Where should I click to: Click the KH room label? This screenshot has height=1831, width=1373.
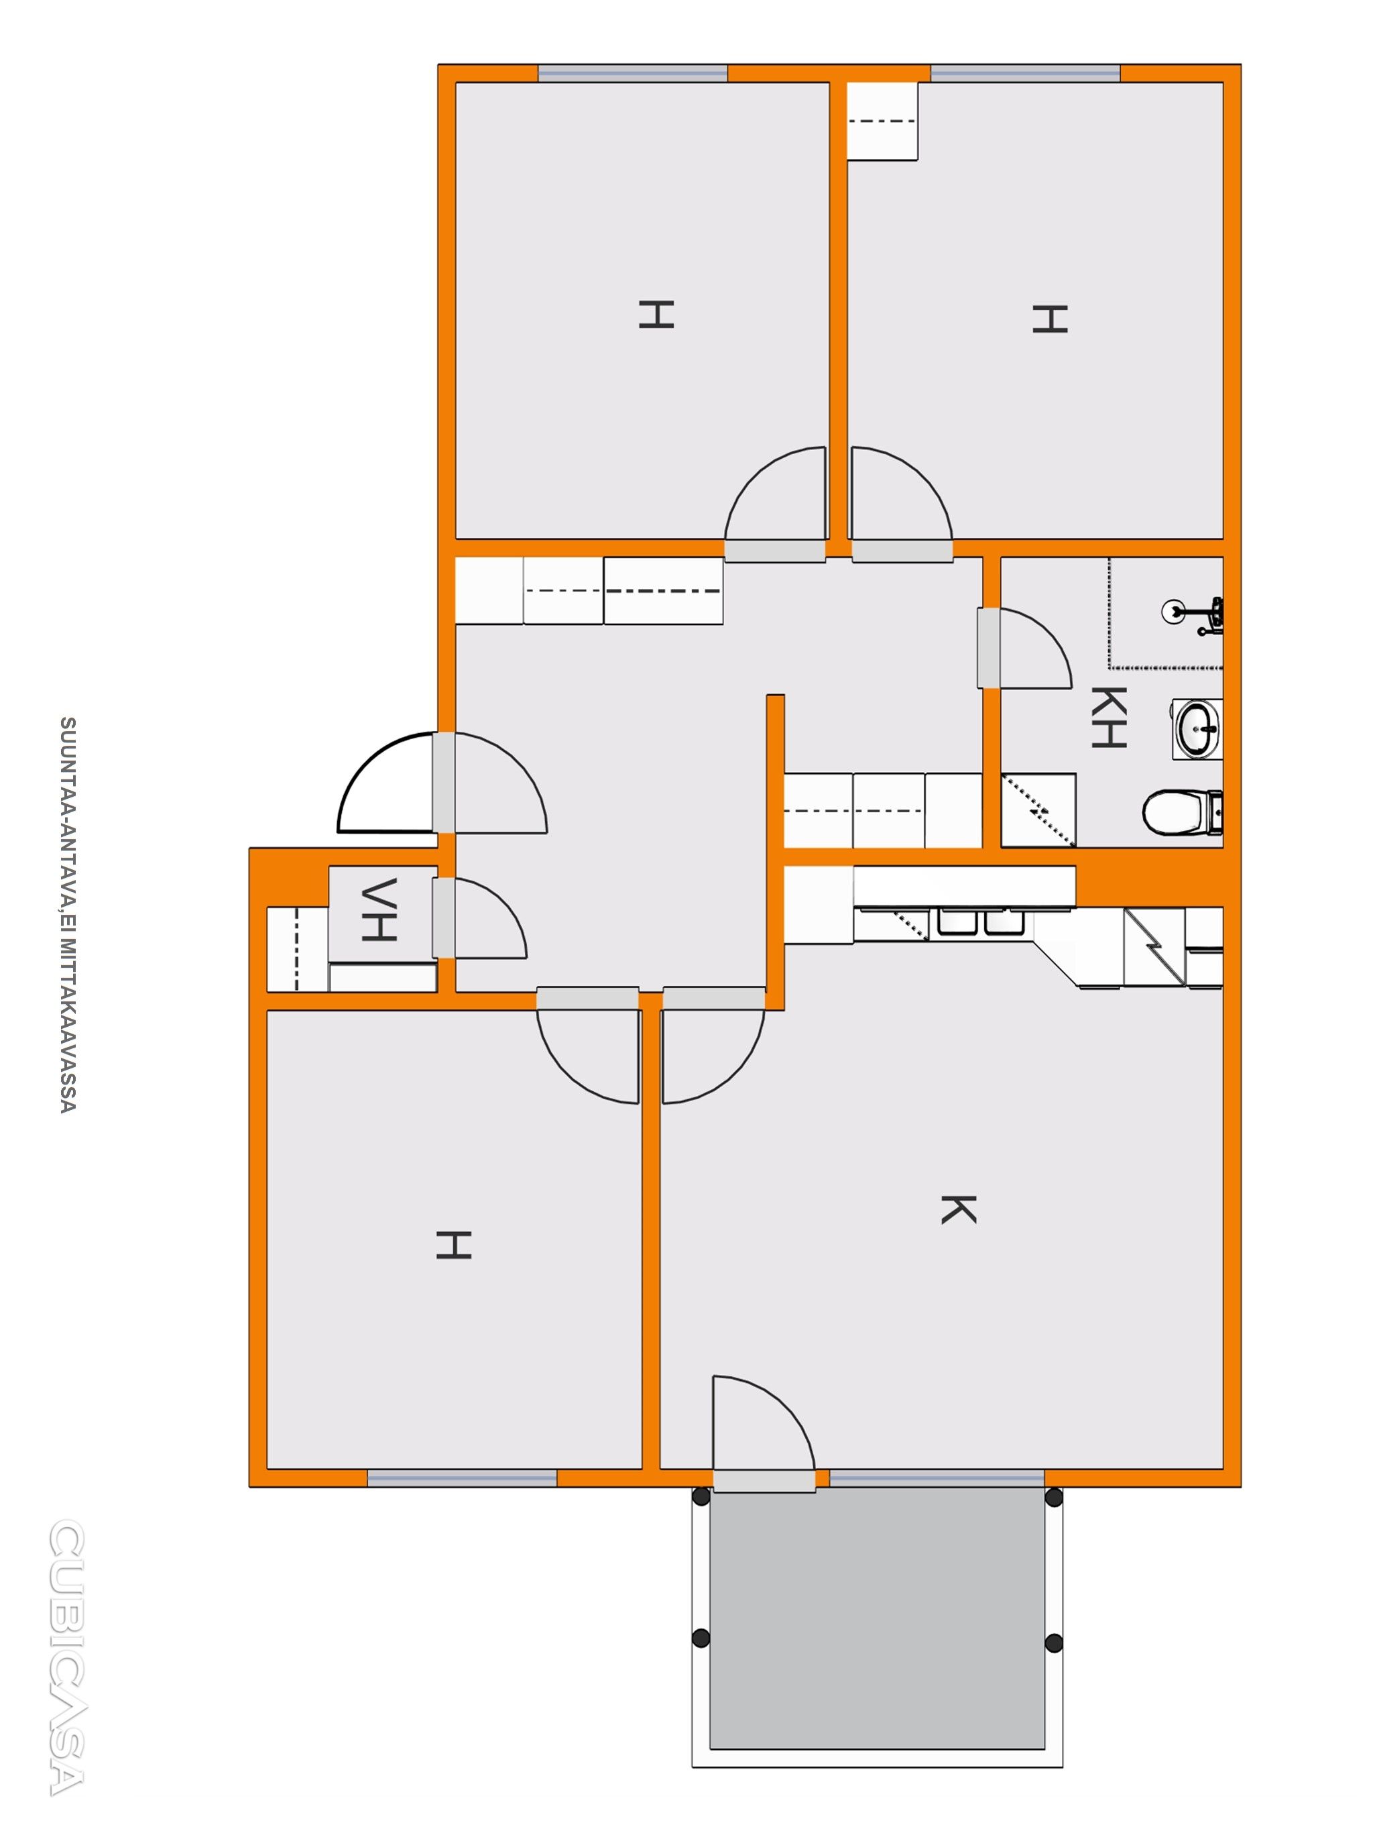click(x=1109, y=717)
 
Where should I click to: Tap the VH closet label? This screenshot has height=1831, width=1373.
click(x=380, y=909)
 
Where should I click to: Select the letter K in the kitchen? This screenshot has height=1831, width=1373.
click(x=959, y=1209)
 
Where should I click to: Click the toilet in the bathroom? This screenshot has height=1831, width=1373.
click(x=1183, y=812)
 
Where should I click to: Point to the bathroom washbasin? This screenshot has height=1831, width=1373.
click(x=1197, y=728)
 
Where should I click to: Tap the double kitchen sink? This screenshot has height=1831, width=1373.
click(x=981, y=923)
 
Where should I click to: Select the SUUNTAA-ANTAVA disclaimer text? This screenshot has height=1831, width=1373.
click(x=68, y=915)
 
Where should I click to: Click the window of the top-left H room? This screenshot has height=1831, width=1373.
click(x=632, y=73)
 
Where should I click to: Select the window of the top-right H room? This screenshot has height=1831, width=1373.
click(x=1026, y=73)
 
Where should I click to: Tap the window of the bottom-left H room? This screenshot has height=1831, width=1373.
click(x=462, y=1478)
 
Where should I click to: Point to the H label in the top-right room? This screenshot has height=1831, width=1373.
click(x=1049, y=319)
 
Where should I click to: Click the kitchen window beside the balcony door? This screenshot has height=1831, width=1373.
click(x=937, y=1478)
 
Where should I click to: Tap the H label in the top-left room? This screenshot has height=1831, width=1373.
click(x=656, y=315)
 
